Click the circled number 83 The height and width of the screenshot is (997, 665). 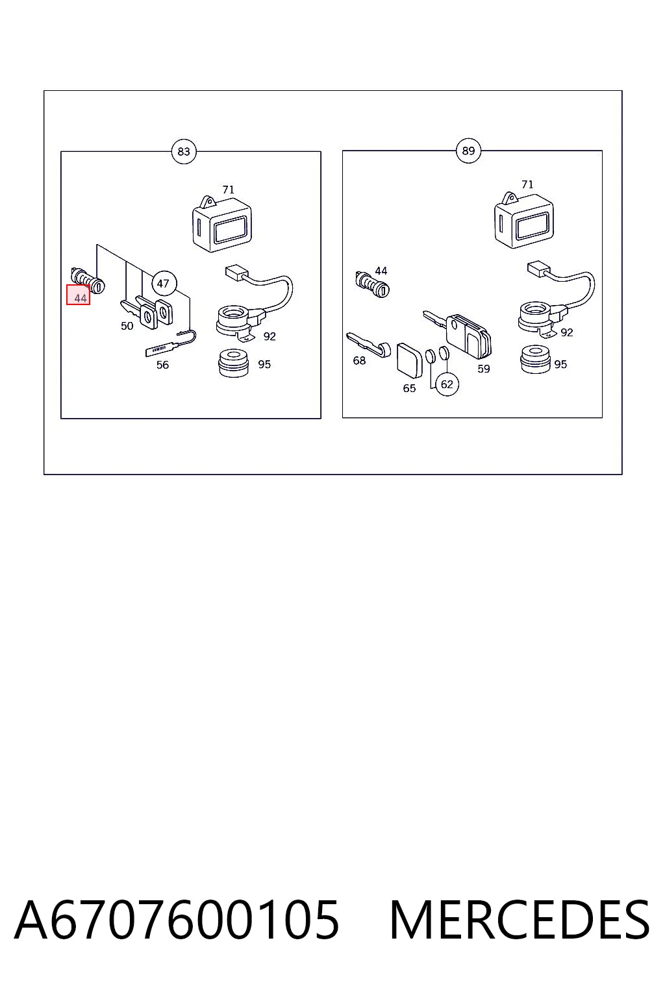click(184, 152)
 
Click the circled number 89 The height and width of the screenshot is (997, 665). click(468, 151)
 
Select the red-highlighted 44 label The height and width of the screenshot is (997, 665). click(79, 295)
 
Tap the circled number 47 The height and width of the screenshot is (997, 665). click(164, 283)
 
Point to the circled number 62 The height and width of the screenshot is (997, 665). click(447, 384)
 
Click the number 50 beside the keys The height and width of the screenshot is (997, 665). click(127, 326)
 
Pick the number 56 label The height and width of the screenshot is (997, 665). click(162, 365)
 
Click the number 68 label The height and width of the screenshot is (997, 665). click(359, 360)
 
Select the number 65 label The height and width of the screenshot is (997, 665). click(409, 388)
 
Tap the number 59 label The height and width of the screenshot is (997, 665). click(483, 369)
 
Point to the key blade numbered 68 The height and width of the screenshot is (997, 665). click(368, 345)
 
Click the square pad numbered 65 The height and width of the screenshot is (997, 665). click(409, 360)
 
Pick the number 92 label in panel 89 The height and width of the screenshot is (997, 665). click(566, 332)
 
